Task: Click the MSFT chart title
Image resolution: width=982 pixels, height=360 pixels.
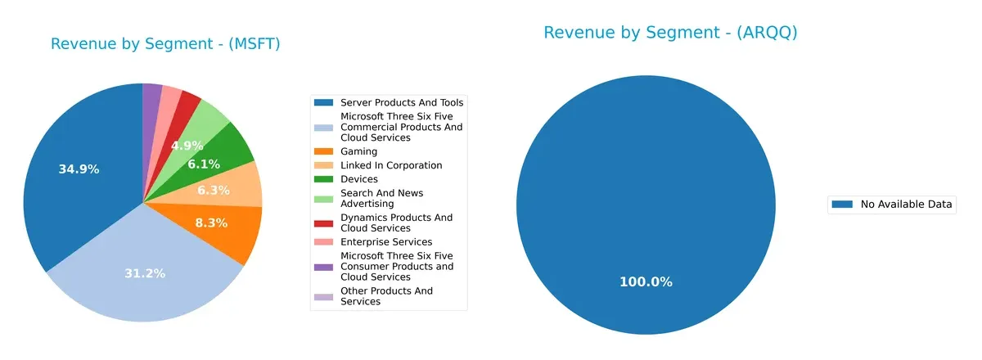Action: [165, 44]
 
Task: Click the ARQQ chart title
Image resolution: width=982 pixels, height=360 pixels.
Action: [669, 33]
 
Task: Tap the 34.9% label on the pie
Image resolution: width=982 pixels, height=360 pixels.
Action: [79, 169]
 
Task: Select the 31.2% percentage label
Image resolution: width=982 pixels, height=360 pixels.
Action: [144, 273]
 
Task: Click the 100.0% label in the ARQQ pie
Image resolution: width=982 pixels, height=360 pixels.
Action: [646, 281]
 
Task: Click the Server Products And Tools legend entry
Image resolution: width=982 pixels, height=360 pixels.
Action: [401, 102]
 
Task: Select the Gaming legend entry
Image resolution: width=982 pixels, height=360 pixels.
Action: [358, 151]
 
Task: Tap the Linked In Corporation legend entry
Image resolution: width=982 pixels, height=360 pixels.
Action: [390, 165]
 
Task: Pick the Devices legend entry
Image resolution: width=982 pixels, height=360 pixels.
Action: [358, 179]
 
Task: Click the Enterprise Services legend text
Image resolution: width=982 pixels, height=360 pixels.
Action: [385, 242]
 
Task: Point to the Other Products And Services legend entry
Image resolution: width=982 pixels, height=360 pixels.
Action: [386, 296]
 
